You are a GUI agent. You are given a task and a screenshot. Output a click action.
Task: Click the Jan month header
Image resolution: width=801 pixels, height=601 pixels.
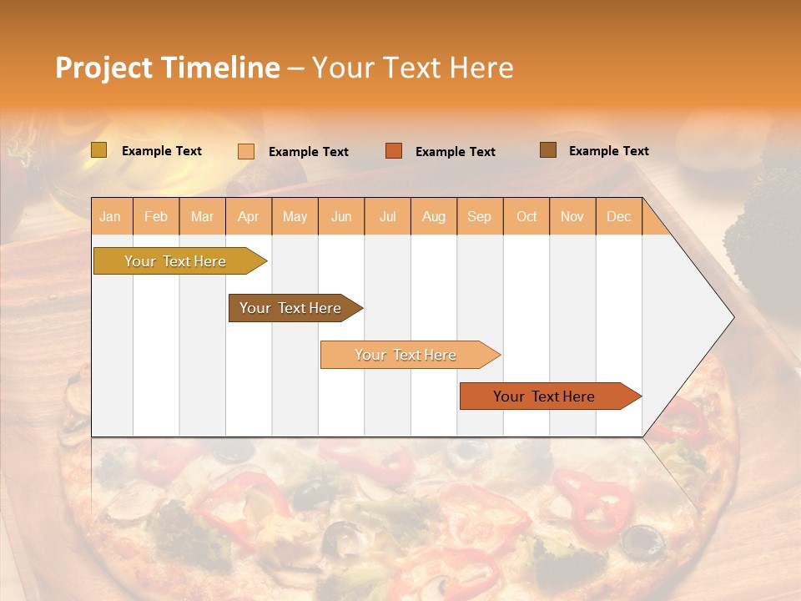pos(110,216)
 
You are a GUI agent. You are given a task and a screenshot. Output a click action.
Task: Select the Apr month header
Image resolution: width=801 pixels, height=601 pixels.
pos(248,216)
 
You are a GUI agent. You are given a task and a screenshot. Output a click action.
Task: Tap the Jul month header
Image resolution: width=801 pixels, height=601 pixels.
pos(387,216)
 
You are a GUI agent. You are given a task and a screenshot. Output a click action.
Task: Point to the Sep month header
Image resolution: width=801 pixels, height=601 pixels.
pos(479,216)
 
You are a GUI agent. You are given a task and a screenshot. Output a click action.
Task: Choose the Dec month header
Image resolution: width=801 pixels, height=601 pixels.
pos(618,216)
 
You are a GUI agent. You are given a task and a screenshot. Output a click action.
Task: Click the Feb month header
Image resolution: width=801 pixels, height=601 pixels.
pos(156,216)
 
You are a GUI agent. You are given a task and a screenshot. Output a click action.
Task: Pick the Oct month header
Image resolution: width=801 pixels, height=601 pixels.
pos(526,216)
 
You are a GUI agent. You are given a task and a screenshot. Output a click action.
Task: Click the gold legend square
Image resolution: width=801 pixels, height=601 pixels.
pos(98,150)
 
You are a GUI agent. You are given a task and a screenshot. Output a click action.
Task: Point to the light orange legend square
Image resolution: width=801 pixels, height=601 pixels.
pos(246,151)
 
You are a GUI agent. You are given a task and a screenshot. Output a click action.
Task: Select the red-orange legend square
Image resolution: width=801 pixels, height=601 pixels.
pos(394,151)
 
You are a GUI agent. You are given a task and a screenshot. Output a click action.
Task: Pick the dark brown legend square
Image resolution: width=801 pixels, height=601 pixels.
pos(547,150)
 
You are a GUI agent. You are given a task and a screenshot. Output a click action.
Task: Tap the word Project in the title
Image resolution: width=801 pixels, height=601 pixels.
pos(103,68)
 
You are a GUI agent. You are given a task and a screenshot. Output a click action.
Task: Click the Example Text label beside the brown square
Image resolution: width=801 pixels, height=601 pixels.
pos(608,151)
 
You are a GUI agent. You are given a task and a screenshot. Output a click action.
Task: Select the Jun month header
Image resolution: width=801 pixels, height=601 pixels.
pos(341,216)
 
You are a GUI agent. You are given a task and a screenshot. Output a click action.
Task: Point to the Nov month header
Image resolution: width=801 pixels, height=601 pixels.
pos(572,216)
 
